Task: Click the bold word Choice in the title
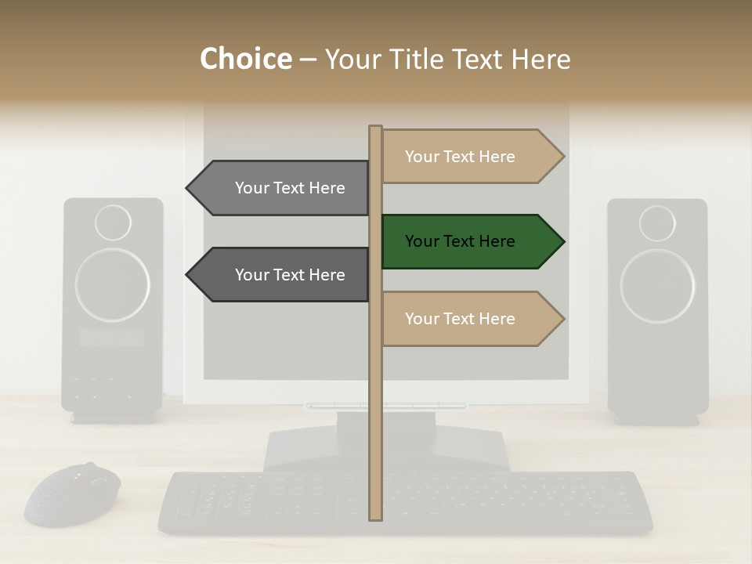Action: (x=245, y=60)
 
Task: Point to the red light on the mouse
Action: (x=77, y=475)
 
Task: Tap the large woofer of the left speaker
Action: (x=113, y=285)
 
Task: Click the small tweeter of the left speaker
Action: (x=113, y=223)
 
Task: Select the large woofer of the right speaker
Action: (x=657, y=285)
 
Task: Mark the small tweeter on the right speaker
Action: (x=657, y=223)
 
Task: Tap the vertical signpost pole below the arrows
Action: (x=376, y=439)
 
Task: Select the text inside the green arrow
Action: (x=460, y=241)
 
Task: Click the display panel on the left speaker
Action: (x=112, y=338)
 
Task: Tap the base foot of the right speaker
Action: (x=656, y=419)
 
